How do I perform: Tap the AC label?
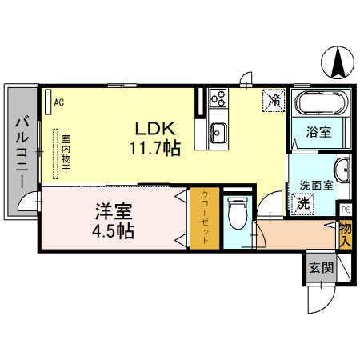(58, 102)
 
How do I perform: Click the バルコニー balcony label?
(22, 152)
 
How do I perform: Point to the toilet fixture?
(237, 214)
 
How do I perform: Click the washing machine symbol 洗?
(304, 203)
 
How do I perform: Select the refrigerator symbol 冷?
(274, 100)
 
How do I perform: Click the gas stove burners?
(218, 98)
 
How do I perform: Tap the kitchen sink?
(218, 131)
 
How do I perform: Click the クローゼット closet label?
(205, 218)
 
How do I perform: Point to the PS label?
(346, 210)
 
